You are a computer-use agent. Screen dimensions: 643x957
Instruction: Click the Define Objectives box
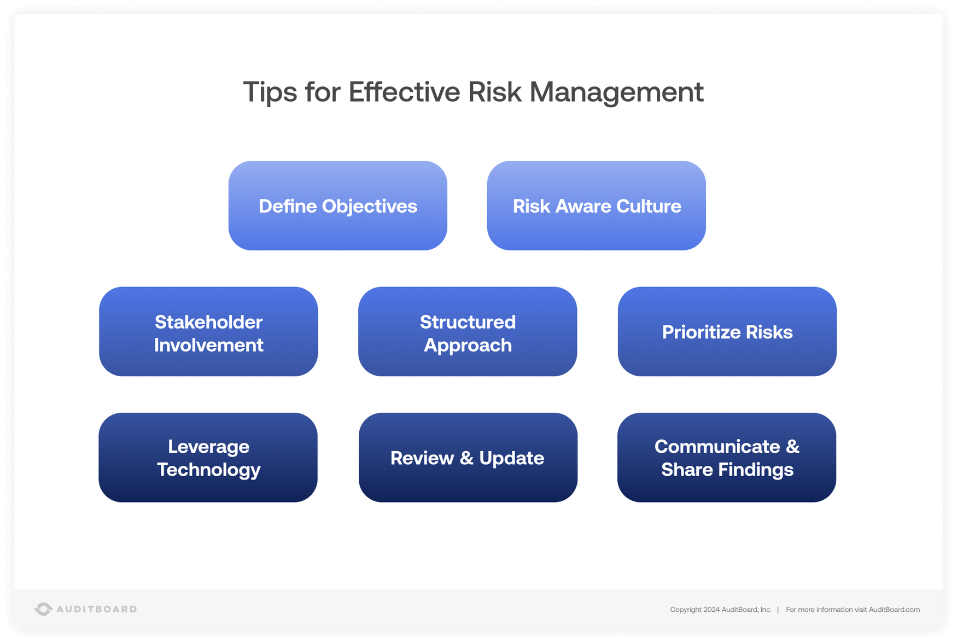(337, 206)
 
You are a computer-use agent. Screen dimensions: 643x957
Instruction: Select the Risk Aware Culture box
(596, 206)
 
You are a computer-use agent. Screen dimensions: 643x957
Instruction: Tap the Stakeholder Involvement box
(208, 332)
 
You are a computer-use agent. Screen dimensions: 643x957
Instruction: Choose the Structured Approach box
(468, 332)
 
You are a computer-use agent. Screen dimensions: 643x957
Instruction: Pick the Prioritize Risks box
(727, 332)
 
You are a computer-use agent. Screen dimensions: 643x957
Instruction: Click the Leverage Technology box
(208, 458)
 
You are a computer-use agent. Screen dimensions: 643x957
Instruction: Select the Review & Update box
(468, 458)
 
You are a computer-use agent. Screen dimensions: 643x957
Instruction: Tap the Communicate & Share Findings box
(727, 458)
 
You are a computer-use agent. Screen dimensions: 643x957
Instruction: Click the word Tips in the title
(270, 92)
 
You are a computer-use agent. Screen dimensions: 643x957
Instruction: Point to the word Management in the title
(616, 92)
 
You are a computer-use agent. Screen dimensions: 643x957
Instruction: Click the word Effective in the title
(404, 92)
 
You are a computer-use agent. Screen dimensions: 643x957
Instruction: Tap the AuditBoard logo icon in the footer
(43, 609)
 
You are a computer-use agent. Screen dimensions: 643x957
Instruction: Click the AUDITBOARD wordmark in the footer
(97, 609)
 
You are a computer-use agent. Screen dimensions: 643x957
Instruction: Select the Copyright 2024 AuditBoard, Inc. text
(720, 610)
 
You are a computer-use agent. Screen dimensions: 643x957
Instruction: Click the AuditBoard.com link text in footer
(894, 610)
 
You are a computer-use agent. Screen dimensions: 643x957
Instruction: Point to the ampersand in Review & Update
(466, 458)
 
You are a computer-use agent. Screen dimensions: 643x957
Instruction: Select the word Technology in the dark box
(208, 470)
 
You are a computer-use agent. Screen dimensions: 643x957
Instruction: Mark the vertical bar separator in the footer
(778, 610)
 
